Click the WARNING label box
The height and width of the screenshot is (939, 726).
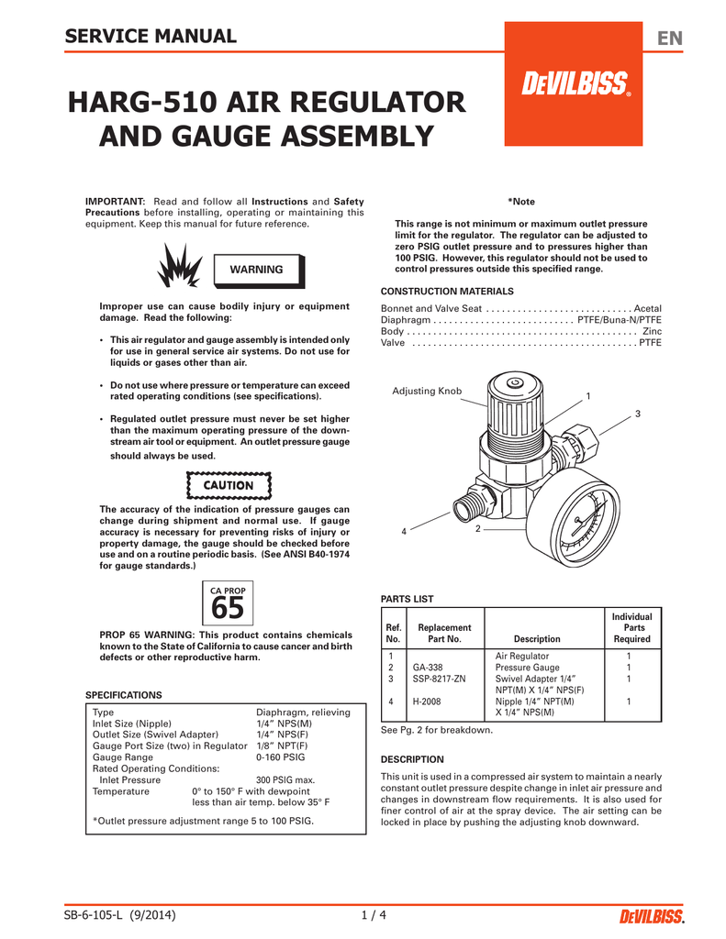[x=256, y=269]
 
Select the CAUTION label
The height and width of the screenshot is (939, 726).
[x=229, y=485]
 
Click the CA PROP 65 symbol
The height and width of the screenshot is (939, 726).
[x=227, y=602]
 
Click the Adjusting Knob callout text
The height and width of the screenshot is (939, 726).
[x=427, y=392]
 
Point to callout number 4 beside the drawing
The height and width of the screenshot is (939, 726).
[x=403, y=532]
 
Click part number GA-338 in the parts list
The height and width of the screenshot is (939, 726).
[x=429, y=668]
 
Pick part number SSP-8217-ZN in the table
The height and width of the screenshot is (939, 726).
[x=440, y=679]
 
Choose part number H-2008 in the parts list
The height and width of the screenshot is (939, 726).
[x=429, y=701]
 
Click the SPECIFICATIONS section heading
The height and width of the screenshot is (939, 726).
[x=123, y=695]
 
